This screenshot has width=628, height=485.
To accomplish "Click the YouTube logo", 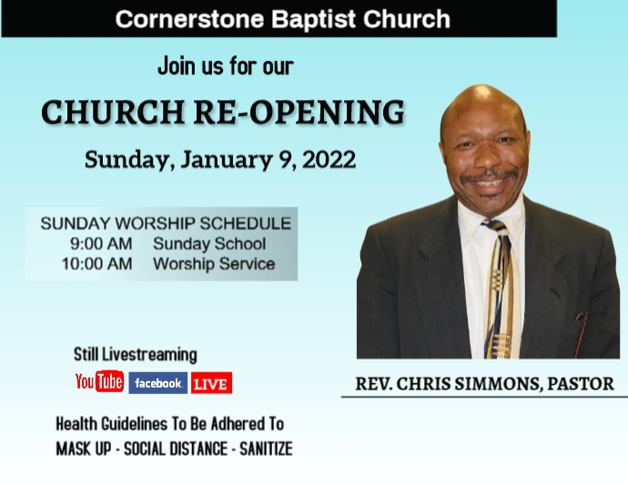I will [x=99, y=383].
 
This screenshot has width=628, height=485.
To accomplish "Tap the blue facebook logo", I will [x=157, y=383].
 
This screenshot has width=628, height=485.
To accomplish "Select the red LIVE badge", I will [x=211, y=383].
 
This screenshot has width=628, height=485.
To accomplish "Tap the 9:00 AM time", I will [x=101, y=244].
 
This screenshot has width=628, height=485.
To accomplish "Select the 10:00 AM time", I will [x=96, y=264].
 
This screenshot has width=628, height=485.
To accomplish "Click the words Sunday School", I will [x=209, y=244].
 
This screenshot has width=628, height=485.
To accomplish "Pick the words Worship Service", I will [x=214, y=264].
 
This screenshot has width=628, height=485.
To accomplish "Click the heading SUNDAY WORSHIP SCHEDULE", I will [x=166, y=223].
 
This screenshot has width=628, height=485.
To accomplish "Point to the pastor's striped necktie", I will [x=498, y=291].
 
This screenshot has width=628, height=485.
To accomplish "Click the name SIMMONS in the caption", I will [x=495, y=383].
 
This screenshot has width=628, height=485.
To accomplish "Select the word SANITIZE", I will [x=266, y=450].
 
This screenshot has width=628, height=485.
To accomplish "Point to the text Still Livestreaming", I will [x=135, y=355].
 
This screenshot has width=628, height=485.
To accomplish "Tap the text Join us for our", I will [x=225, y=66].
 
